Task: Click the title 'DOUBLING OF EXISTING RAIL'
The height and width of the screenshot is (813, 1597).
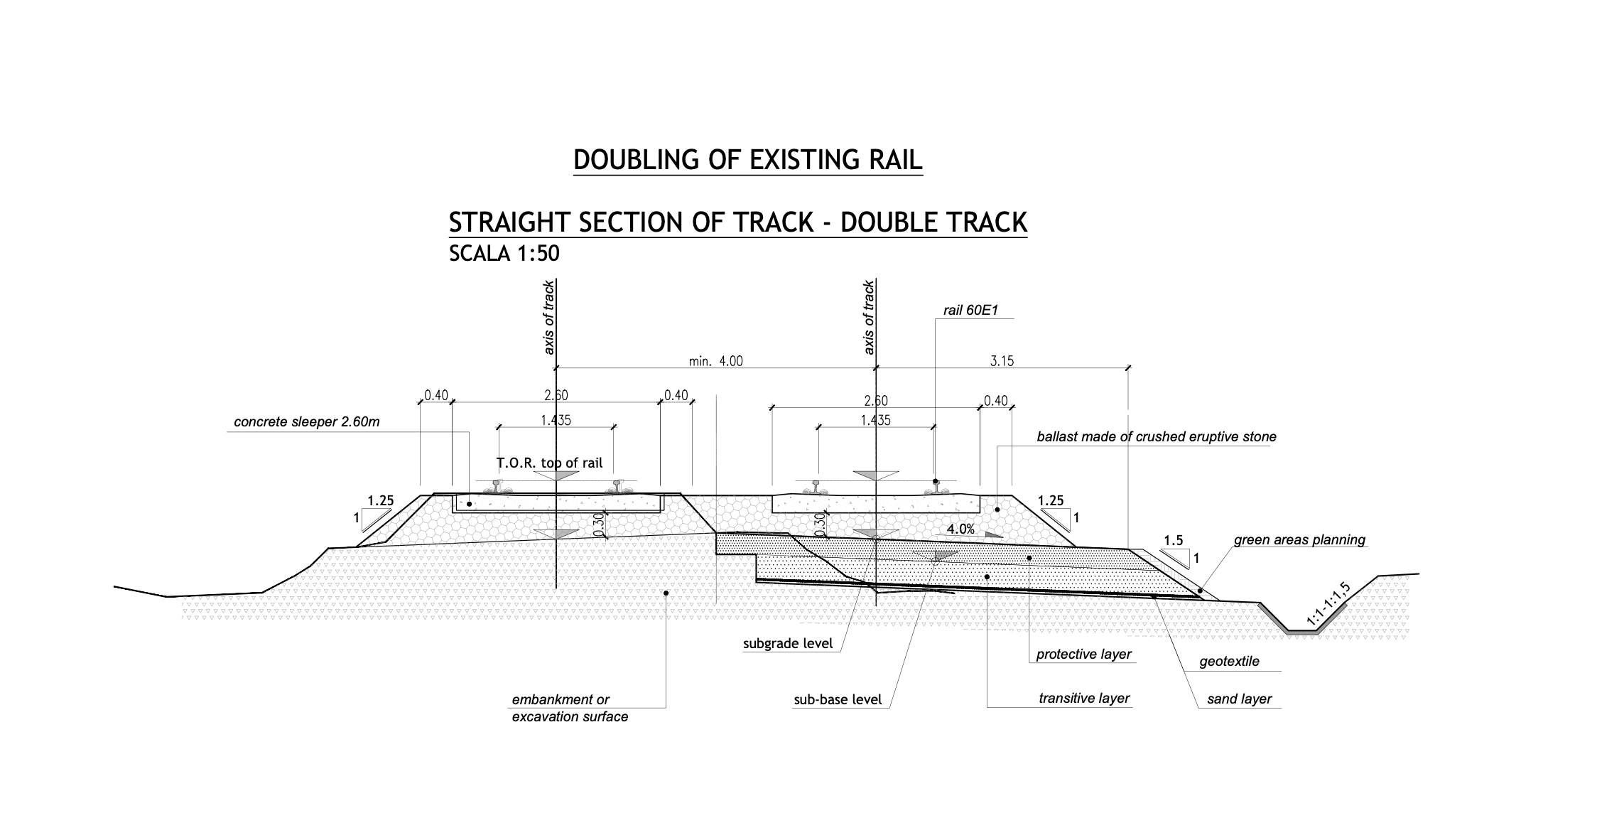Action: pos(747,160)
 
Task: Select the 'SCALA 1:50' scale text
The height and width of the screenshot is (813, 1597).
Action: pos(504,254)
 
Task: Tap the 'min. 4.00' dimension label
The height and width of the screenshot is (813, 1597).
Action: pos(715,361)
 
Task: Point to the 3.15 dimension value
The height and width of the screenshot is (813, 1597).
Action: pos(1002,361)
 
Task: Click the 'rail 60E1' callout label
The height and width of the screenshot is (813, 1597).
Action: pos(970,310)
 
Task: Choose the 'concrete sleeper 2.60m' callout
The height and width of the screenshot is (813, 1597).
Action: pos(307,422)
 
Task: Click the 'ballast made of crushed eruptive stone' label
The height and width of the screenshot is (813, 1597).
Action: pos(1156,436)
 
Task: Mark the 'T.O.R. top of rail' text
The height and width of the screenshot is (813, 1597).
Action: pos(549,463)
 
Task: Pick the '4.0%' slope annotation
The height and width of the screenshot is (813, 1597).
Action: pos(960,529)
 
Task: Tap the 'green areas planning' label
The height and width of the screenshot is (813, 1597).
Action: pos(1299,539)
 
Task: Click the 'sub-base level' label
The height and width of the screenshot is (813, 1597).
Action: pos(838,700)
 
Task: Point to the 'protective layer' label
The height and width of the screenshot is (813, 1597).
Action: pos(1083,654)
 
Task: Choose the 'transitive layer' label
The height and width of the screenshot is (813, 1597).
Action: pos(1083,699)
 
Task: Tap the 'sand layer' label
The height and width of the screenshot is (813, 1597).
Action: pos(1239,699)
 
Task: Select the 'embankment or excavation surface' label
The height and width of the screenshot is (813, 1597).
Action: pos(570,708)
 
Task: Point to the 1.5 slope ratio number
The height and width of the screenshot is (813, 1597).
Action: pos(1174,540)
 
